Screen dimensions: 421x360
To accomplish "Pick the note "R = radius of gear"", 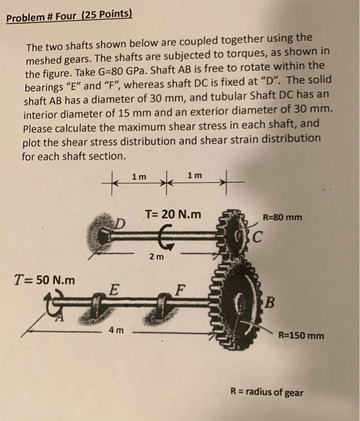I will pos(267,393).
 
